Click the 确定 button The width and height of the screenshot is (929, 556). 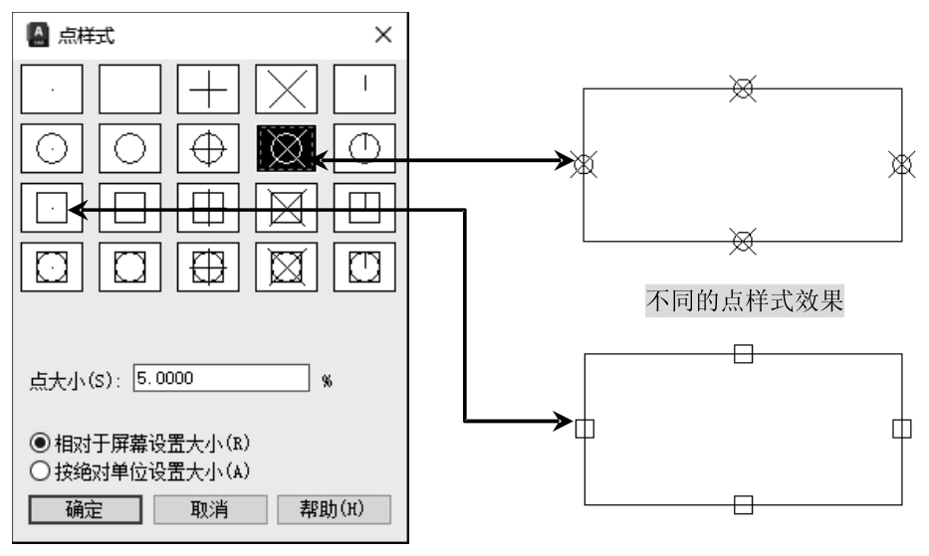click(84, 510)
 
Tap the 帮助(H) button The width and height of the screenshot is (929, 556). click(334, 510)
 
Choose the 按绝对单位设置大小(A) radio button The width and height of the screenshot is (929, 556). click(40, 471)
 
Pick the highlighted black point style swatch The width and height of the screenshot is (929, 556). click(287, 148)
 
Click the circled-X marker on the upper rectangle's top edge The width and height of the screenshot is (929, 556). click(742, 89)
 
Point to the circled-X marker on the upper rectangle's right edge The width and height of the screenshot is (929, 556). click(901, 164)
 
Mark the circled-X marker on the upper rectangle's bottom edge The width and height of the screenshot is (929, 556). click(742, 240)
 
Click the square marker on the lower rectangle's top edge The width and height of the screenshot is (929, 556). click(742, 353)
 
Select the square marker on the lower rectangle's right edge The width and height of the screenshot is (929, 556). click(901, 429)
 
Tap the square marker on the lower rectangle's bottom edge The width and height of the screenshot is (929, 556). click(742, 504)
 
